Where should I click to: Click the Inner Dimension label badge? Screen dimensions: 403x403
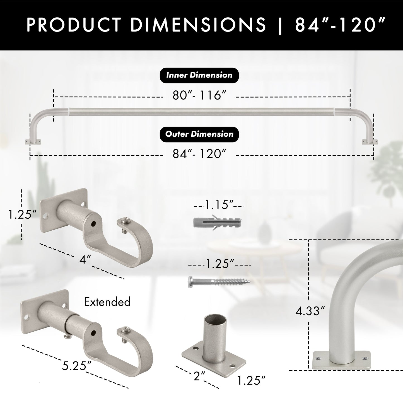199,75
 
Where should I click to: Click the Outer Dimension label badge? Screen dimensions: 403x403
199,134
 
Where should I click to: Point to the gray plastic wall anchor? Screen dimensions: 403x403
218,222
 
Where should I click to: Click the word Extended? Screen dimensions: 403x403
107,302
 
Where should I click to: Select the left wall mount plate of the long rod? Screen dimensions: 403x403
33,142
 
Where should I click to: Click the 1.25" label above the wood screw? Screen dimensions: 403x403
219,263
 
